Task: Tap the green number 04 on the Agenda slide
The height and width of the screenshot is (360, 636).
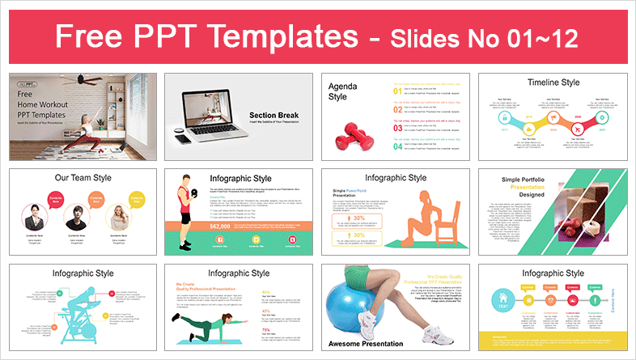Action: [x=397, y=146]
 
